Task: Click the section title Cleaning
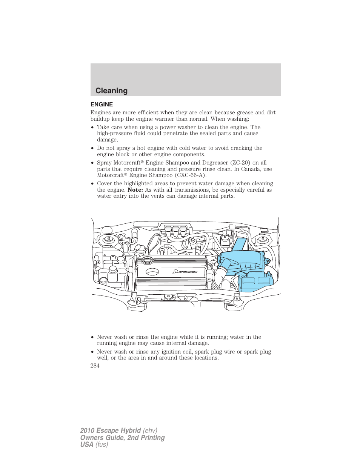pyautogui.click(x=111, y=91)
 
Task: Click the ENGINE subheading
pyautogui.click(x=102, y=105)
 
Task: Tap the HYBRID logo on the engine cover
pyautogui.click(x=185, y=272)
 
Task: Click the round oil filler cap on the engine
pyautogui.click(x=147, y=260)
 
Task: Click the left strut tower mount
pyautogui.click(x=109, y=239)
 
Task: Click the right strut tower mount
pyautogui.click(x=262, y=239)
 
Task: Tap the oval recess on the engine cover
pyautogui.click(x=152, y=272)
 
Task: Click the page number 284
pyautogui.click(x=95, y=366)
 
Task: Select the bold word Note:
pyautogui.click(x=135, y=190)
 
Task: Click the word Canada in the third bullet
pyautogui.click(x=251, y=169)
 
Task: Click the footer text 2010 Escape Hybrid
pyautogui.click(x=111, y=431)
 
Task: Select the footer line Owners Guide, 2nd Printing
pyautogui.click(x=122, y=438)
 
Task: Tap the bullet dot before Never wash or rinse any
pyautogui.click(x=92, y=352)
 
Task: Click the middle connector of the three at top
pyautogui.click(x=175, y=229)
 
